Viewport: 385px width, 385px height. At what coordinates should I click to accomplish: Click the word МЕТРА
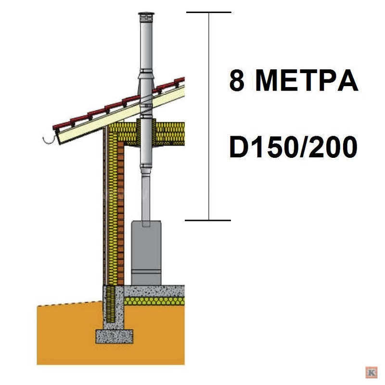[307, 80]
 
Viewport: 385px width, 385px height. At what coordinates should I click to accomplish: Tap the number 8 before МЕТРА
[237, 80]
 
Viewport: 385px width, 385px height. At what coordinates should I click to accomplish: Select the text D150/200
[293, 147]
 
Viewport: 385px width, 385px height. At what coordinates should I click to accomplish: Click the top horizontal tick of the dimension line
[209, 12]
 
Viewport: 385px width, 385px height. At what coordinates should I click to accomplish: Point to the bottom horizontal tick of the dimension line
[208, 220]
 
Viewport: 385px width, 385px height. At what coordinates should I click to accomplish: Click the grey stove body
[146, 253]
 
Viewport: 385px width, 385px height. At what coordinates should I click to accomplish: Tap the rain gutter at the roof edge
[49, 141]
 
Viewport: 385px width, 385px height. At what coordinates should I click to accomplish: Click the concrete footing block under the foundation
[114, 336]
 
